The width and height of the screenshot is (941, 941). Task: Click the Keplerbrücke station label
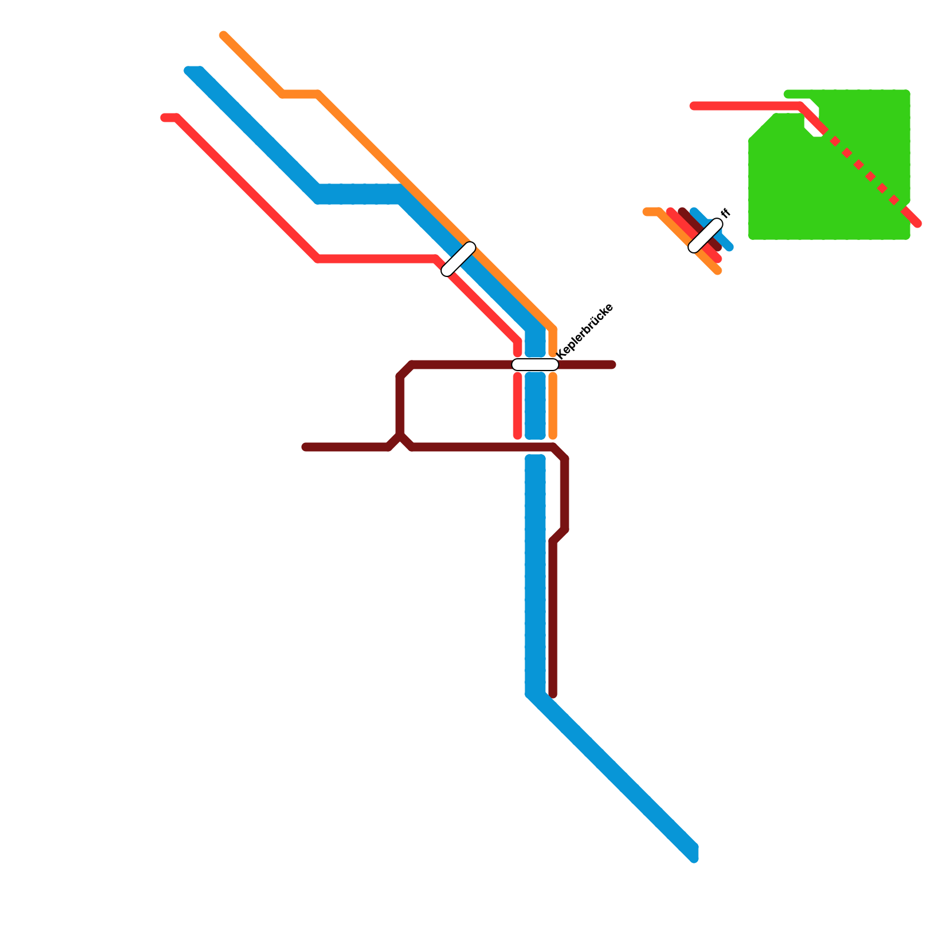click(x=585, y=330)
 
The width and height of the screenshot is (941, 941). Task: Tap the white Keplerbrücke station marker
click(x=535, y=365)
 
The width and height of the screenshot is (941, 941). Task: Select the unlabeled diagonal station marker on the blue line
click(x=458, y=259)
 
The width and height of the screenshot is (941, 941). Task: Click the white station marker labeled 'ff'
click(x=705, y=235)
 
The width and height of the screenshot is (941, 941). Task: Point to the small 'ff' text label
click(x=725, y=213)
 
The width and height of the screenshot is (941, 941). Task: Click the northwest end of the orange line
click(x=223, y=35)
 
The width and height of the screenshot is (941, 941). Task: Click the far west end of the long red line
click(x=165, y=118)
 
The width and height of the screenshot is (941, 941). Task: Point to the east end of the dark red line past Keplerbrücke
click(x=612, y=365)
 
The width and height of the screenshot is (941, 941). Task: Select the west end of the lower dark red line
click(x=305, y=448)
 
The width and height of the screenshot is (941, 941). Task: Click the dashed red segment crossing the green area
click(x=865, y=171)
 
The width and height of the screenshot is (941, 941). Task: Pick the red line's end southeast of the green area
click(x=917, y=223)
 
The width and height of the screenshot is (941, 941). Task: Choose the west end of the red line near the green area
click(x=694, y=106)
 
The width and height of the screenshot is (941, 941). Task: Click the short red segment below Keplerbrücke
click(x=518, y=406)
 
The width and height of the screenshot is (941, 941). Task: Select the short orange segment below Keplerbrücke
click(x=553, y=406)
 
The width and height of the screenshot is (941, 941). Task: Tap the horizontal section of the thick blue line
click(x=359, y=194)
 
